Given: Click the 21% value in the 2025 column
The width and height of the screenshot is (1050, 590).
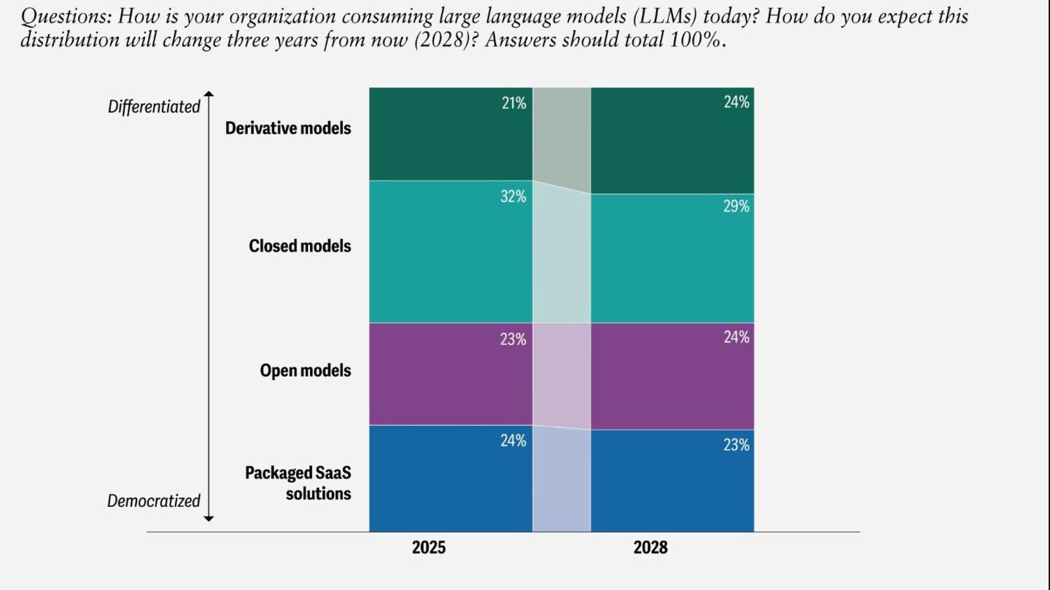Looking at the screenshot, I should pos(513,104).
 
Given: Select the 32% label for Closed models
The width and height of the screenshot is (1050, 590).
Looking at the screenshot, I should pos(513,196).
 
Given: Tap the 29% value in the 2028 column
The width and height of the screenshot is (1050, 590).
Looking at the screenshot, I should pos(736,206).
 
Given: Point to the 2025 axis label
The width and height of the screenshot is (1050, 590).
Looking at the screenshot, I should pos(429,548).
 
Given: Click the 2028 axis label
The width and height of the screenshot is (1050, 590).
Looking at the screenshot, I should pos(650,548).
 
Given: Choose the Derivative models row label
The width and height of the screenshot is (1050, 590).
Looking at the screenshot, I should pos(288,128).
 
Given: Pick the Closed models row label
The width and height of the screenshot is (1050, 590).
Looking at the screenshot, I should pos(300,246).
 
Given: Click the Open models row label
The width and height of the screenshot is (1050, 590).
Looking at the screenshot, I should pos(306,370).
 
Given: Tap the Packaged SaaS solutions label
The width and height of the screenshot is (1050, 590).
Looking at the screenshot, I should pos(297,483).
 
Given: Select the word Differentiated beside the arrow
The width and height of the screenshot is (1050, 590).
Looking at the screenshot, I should pos(154,106).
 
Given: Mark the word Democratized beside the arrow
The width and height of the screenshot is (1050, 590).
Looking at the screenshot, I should pos(154,501).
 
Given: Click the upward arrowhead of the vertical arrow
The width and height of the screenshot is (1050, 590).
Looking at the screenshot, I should pos(209,93).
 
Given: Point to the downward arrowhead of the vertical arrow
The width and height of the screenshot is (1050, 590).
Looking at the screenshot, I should pos(209,518).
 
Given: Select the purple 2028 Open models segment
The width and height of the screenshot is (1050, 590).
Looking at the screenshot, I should pos(671,379).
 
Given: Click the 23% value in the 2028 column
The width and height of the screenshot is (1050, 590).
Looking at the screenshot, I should pos(736,445).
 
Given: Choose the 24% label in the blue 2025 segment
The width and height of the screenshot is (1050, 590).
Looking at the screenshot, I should pos(513,440).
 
